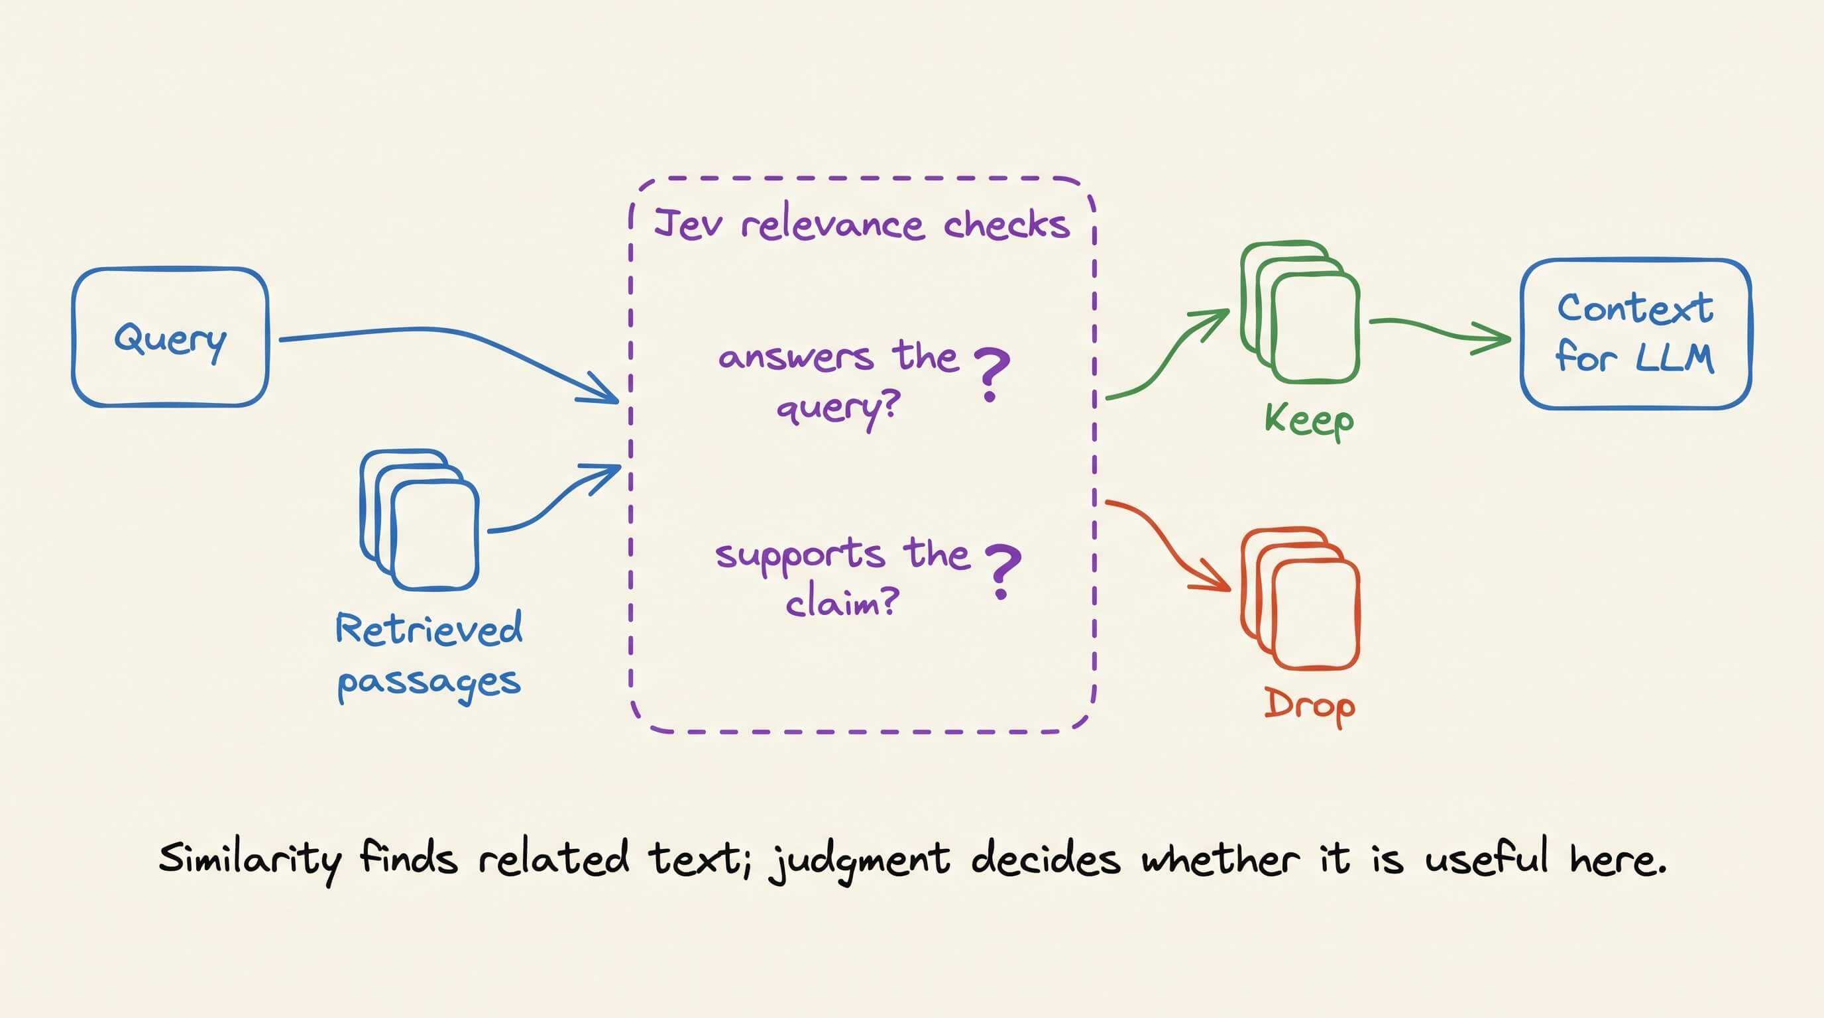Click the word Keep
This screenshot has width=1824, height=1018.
click(1309, 422)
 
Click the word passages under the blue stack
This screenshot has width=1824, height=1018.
click(429, 683)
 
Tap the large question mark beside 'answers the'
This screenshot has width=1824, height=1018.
click(992, 374)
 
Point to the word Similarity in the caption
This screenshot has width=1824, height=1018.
click(250, 860)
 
